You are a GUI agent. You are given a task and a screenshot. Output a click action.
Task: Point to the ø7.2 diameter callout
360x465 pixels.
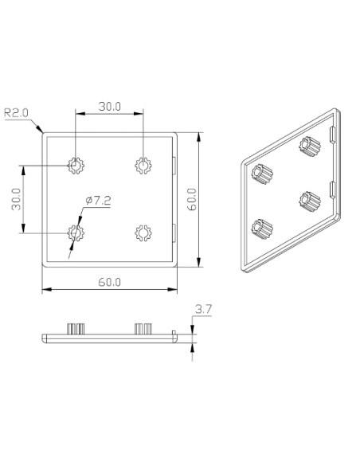click(x=99, y=201)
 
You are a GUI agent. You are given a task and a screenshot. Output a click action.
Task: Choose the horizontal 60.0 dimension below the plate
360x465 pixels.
click(x=109, y=282)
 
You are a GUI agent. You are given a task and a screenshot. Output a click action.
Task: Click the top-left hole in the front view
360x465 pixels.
click(x=76, y=166)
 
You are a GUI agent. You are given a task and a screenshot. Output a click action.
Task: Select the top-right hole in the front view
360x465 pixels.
click(x=143, y=166)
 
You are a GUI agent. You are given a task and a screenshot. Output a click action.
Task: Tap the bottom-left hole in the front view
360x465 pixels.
click(x=76, y=232)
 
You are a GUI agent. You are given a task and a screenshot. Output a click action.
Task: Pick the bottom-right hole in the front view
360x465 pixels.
click(x=143, y=232)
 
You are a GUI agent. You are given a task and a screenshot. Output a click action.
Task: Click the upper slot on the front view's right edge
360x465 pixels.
click(x=174, y=164)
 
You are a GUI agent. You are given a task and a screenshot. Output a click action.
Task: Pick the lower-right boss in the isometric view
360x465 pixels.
click(x=307, y=201)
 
